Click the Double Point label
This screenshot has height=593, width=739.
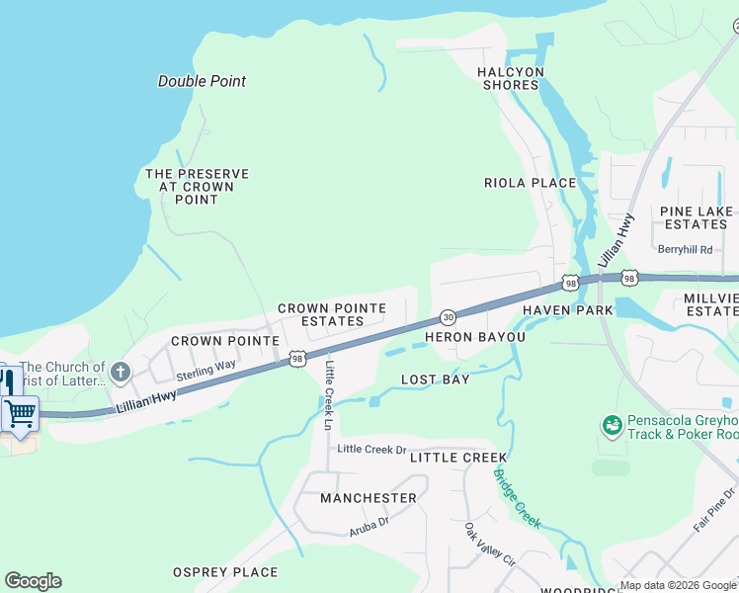click(x=202, y=81)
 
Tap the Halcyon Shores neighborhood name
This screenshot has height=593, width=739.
click(x=510, y=78)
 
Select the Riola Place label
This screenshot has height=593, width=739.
click(x=530, y=183)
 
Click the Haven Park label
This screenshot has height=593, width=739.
click(x=567, y=310)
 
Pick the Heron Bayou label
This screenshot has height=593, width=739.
click(x=474, y=337)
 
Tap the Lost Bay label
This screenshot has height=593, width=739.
click(x=435, y=380)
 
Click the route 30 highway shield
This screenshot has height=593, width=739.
click(x=448, y=317)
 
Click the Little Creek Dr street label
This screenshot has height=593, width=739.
click(x=371, y=449)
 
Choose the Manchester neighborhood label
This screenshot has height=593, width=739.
click(x=368, y=498)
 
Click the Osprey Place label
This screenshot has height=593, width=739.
click(x=225, y=572)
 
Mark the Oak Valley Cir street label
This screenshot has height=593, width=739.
click(x=490, y=544)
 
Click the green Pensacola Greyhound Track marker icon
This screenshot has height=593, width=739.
click(x=612, y=425)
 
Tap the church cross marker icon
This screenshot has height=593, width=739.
click(x=120, y=373)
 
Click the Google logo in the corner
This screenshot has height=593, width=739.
click(x=33, y=581)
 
